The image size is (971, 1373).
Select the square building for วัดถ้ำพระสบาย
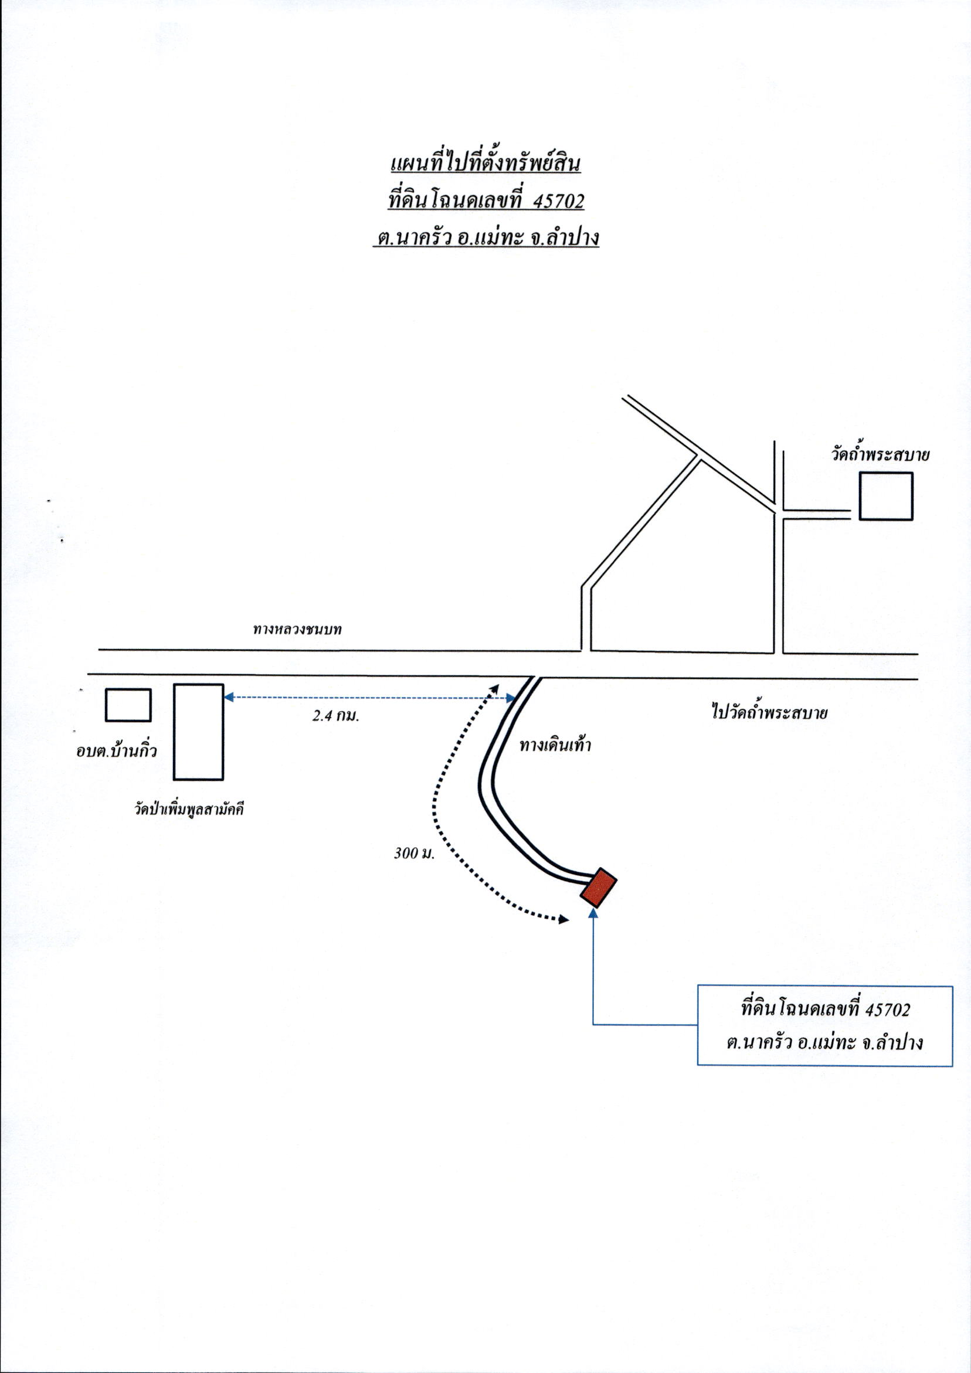click(886, 496)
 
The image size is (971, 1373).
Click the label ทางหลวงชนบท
click(297, 629)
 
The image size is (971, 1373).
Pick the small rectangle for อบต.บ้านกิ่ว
click(128, 705)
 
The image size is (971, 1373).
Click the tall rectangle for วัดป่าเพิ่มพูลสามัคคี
click(199, 732)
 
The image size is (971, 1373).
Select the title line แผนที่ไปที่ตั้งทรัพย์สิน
click(485, 164)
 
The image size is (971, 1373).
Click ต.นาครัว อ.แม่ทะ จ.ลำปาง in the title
click(486, 238)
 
